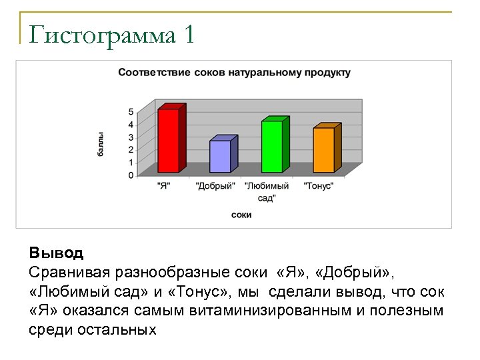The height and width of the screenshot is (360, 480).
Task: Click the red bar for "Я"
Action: coord(168,140)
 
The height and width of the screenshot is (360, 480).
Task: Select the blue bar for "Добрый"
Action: coord(220,156)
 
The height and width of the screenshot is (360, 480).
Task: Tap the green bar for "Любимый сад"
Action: coord(272,146)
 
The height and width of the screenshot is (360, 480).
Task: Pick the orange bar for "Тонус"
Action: coord(323,150)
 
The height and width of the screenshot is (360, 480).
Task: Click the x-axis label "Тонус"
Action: coord(319,186)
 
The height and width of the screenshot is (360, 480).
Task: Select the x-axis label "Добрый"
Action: coord(215,186)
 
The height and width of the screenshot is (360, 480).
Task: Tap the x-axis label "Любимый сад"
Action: coord(267,191)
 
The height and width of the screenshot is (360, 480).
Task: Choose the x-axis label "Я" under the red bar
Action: coord(164,186)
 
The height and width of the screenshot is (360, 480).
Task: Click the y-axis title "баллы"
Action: coord(101,144)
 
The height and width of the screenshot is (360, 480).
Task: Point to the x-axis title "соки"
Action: coord(241,215)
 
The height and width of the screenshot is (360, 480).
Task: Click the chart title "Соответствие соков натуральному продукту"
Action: coord(234,72)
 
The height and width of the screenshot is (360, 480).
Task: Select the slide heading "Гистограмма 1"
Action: coord(112,35)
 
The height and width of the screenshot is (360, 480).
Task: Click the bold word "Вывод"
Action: coord(56,253)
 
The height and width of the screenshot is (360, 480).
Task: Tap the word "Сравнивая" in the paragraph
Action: coord(69,273)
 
